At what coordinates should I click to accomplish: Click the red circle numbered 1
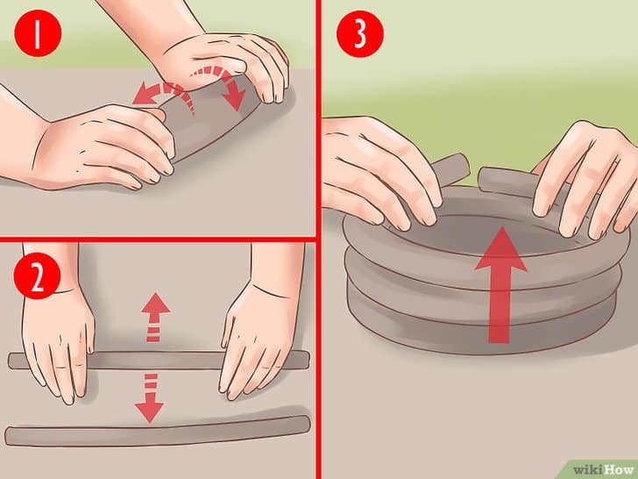point(38,33)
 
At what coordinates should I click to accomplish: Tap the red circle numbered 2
point(37,275)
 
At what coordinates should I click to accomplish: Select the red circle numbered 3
point(359,33)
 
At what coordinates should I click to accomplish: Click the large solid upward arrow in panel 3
point(500,285)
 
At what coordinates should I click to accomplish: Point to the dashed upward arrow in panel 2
point(155,317)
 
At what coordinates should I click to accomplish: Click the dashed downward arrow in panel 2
point(150,398)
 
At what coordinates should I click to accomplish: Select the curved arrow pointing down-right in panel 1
point(222,86)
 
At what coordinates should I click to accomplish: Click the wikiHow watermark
point(603,469)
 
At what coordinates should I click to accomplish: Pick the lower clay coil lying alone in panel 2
point(158,431)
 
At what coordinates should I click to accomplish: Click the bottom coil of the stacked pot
point(480,330)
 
